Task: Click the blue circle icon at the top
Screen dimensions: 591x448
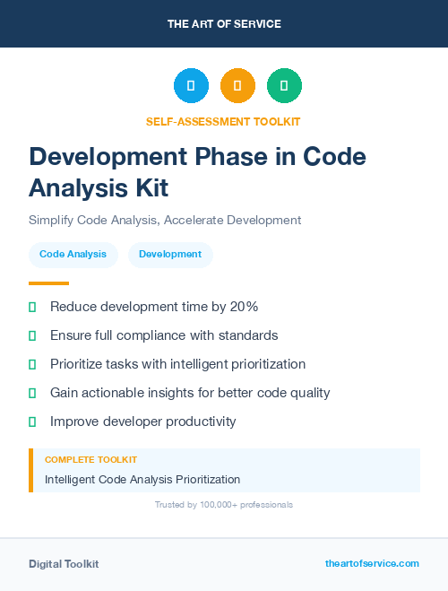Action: pyautogui.click(x=191, y=86)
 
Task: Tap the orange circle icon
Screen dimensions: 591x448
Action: pyautogui.click(x=237, y=86)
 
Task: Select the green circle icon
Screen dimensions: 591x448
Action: pyautogui.click(x=284, y=86)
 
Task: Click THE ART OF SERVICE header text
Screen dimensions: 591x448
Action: pyautogui.click(x=224, y=24)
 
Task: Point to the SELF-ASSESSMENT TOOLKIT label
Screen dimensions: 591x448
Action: pyautogui.click(x=224, y=121)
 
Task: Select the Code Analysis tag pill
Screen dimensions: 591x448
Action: pyautogui.click(x=73, y=255)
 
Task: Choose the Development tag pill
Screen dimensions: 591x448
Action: pyautogui.click(x=170, y=255)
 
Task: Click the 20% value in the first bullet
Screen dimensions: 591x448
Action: pyautogui.click(x=243, y=307)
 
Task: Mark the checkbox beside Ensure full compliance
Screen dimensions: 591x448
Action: pyautogui.click(x=32, y=335)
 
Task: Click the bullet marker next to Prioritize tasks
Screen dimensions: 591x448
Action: pyautogui.click(x=32, y=364)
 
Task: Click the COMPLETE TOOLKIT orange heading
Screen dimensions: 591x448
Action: pyautogui.click(x=90, y=459)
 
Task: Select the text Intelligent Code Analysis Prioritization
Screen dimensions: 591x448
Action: pyautogui.click(x=142, y=480)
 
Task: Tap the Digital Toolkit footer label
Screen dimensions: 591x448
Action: pyautogui.click(x=64, y=564)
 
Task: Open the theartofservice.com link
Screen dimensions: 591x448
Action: pyautogui.click(x=372, y=563)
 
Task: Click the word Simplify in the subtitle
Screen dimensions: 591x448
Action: pyautogui.click(x=51, y=220)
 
